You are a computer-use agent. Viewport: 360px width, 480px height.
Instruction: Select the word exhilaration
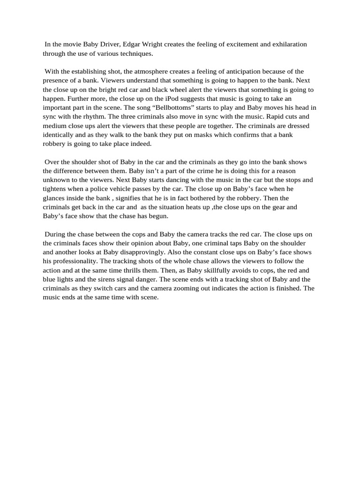pyautogui.click(x=287, y=45)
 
